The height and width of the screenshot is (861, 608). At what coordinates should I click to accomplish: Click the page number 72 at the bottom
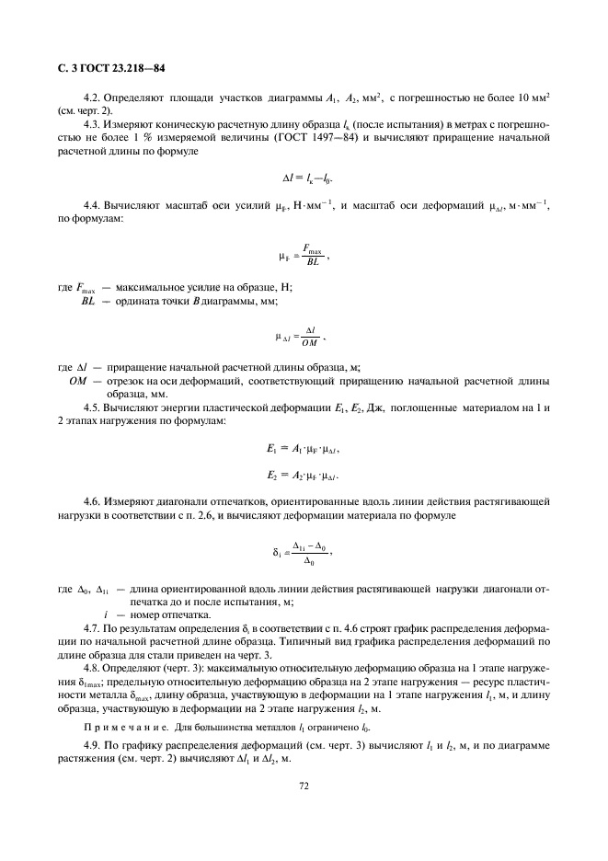[x=304, y=786]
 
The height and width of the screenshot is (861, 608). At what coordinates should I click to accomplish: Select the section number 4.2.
[x=92, y=97]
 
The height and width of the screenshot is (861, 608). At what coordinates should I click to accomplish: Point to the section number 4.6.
[x=92, y=502]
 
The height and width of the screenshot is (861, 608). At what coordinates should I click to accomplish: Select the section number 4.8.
[x=92, y=668]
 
